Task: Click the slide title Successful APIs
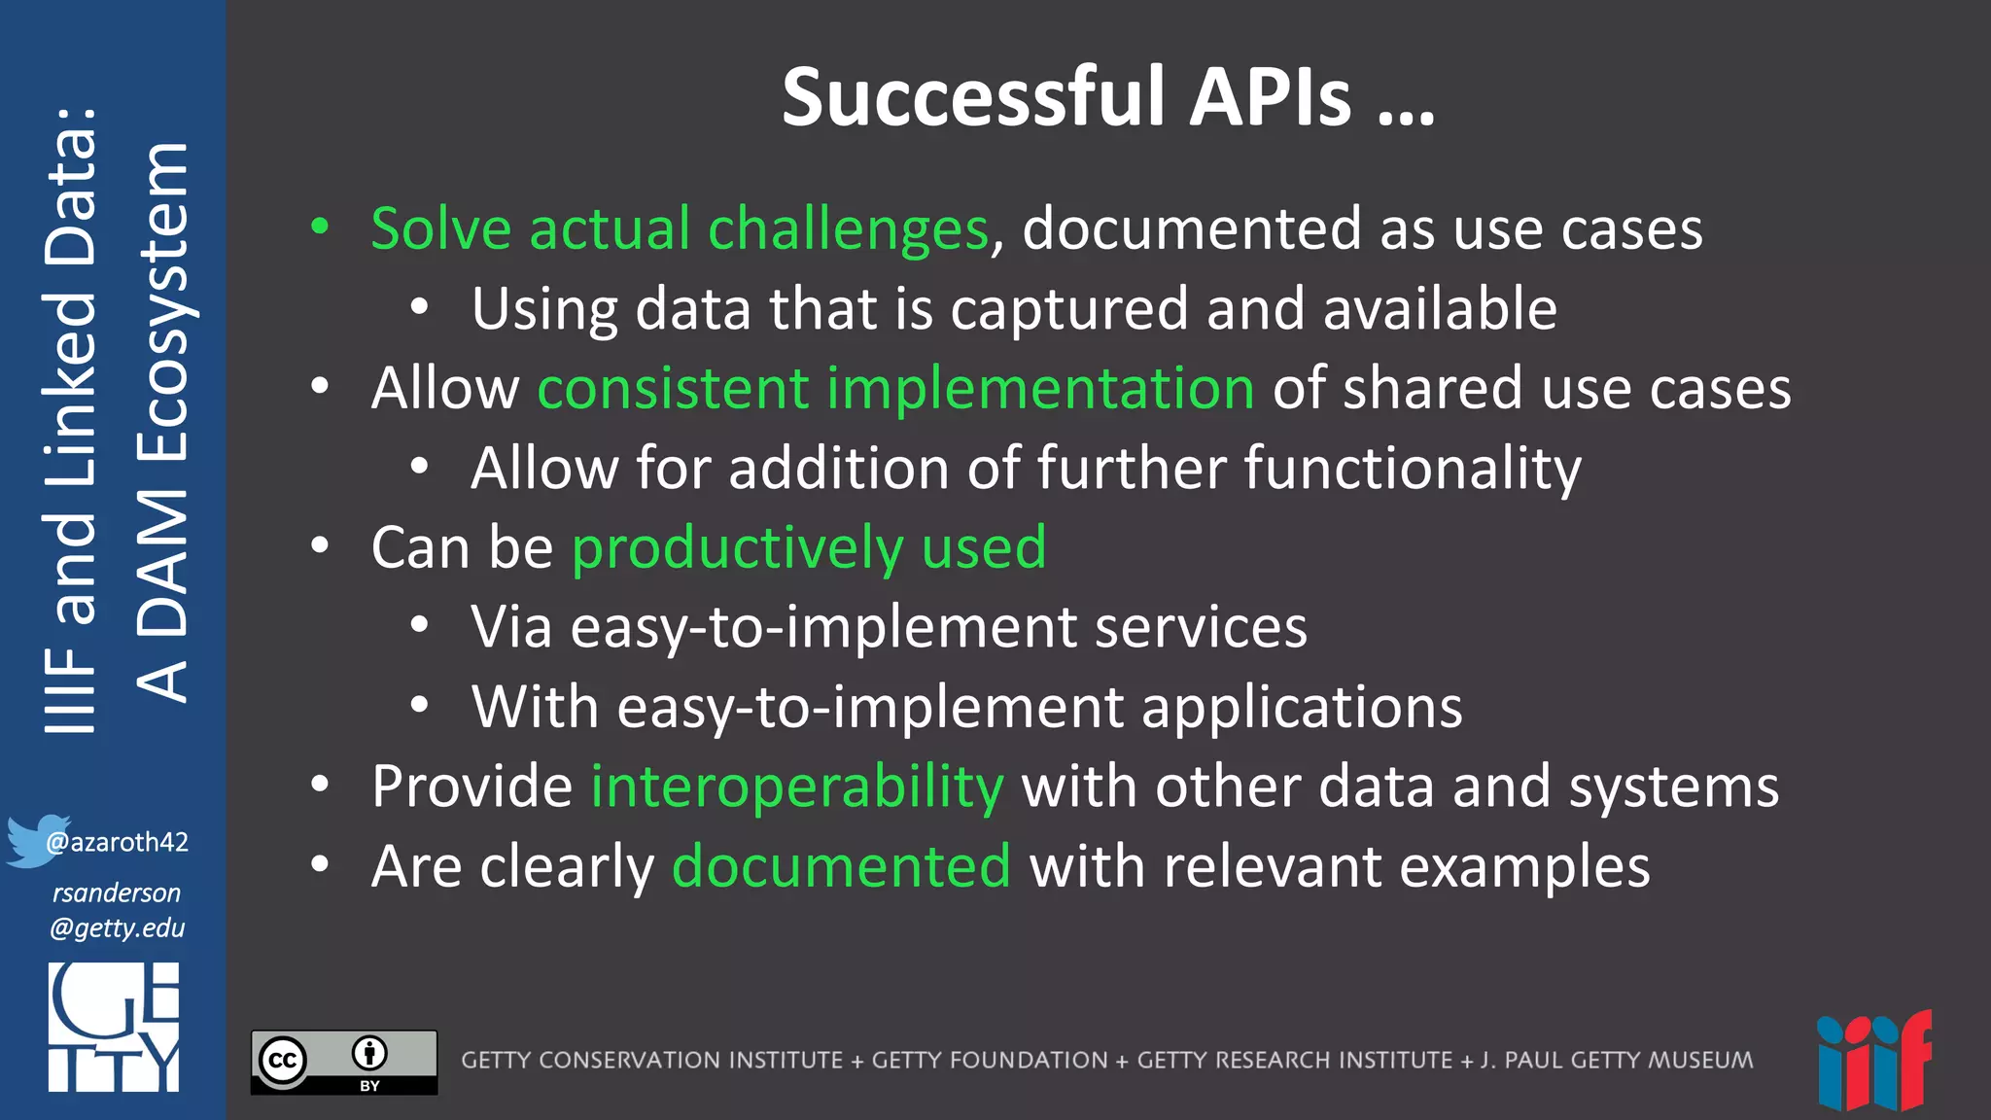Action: click(1108, 97)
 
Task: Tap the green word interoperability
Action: click(797, 786)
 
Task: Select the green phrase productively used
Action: click(809, 547)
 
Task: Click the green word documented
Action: click(841, 865)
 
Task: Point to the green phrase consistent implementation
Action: click(895, 388)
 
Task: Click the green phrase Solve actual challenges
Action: click(680, 229)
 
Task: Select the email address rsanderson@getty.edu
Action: click(117, 910)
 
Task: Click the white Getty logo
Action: click(114, 1027)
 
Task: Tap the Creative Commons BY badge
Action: click(344, 1062)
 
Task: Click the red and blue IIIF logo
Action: click(1873, 1062)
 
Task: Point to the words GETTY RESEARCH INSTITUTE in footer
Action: click(1294, 1060)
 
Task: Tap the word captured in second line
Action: click(1068, 309)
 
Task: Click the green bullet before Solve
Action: click(320, 227)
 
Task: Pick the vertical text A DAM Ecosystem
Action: click(161, 423)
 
